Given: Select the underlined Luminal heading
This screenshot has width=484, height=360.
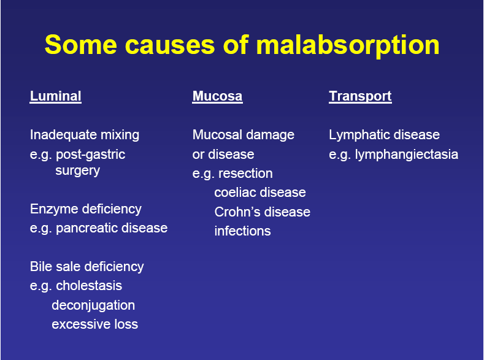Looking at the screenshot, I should pyautogui.click(x=55, y=96).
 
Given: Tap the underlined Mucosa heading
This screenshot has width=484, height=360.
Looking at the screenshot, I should pyautogui.click(x=217, y=96).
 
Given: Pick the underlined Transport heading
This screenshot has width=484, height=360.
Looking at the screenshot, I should pyautogui.click(x=360, y=96).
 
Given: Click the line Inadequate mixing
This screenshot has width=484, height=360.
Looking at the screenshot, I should pyautogui.click(x=85, y=135).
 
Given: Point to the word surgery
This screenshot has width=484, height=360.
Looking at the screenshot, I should pyautogui.click(x=77, y=170).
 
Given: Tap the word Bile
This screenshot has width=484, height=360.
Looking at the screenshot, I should pyautogui.click(x=41, y=267).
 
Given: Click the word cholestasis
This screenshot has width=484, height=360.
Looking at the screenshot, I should pyautogui.click(x=89, y=286).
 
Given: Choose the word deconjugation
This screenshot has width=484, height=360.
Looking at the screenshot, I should pyautogui.click(x=93, y=305).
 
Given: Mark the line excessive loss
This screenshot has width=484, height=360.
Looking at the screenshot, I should pyautogui.click(x=95, y=324).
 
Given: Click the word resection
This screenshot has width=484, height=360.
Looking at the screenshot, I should pyautogui.click(x=245, y=174).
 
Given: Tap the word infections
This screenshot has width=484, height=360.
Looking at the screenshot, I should pyautogui.click(x=242, y=231).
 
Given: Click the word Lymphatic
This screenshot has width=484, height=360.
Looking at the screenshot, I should pyautogui.click(x=356, y=135).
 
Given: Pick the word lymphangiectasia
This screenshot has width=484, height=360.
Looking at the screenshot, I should pyautogui.click(x=406, y=155).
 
